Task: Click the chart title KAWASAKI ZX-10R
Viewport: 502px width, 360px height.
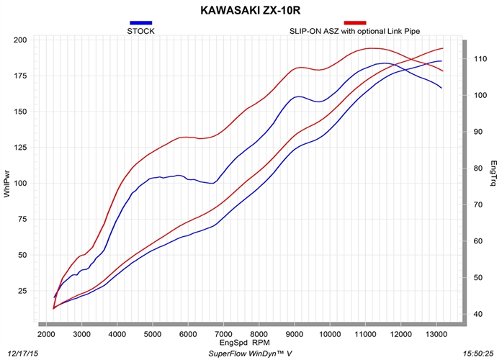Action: point(251,10)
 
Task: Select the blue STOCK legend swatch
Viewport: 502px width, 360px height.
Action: point(141,23)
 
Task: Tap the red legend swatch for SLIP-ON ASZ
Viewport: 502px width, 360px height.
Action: point(355,23)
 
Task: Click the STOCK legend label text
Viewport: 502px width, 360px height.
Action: point(141,31)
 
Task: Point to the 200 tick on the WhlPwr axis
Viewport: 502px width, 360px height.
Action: point(20,40)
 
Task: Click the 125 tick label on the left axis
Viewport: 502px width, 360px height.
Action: point(20,147)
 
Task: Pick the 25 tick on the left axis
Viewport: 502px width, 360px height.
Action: point(22,291)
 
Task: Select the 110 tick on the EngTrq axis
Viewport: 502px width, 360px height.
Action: point(480,58)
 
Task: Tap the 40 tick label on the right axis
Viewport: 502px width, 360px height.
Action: point(478,314)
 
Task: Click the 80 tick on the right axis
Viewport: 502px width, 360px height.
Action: point(478,168)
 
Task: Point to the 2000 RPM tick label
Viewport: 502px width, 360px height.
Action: point(46,334)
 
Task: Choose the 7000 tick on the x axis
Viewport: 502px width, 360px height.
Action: point(223,334)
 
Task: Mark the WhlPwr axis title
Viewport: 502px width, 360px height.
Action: point(7,184)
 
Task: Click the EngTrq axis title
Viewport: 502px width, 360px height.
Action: point(494,173)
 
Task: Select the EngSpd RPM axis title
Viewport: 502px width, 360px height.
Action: point(245,343)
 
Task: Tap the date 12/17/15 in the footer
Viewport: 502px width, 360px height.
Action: point(22,354)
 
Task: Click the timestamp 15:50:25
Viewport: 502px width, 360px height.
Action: point(478,354)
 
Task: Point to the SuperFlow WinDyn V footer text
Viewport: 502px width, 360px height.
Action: point(250,354)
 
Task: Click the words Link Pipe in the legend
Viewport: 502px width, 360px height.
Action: point(404,31)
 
